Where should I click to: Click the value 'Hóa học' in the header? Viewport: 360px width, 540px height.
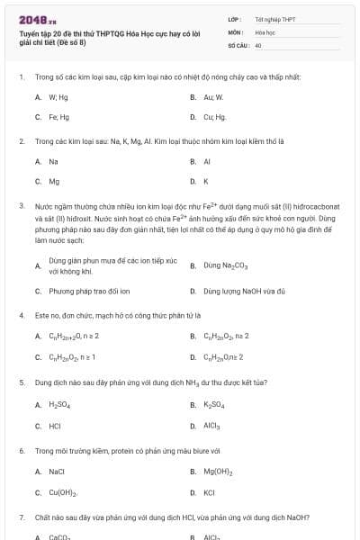coord(264,31)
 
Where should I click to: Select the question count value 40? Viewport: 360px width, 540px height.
coord(258,44)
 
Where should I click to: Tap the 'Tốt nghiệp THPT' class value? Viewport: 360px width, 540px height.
coord(274,19)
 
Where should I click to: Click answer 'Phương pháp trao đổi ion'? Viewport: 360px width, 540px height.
coord(89,292)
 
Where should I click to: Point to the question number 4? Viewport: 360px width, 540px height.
coord(22,316)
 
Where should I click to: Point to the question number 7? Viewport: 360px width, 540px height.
coord(22,517)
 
